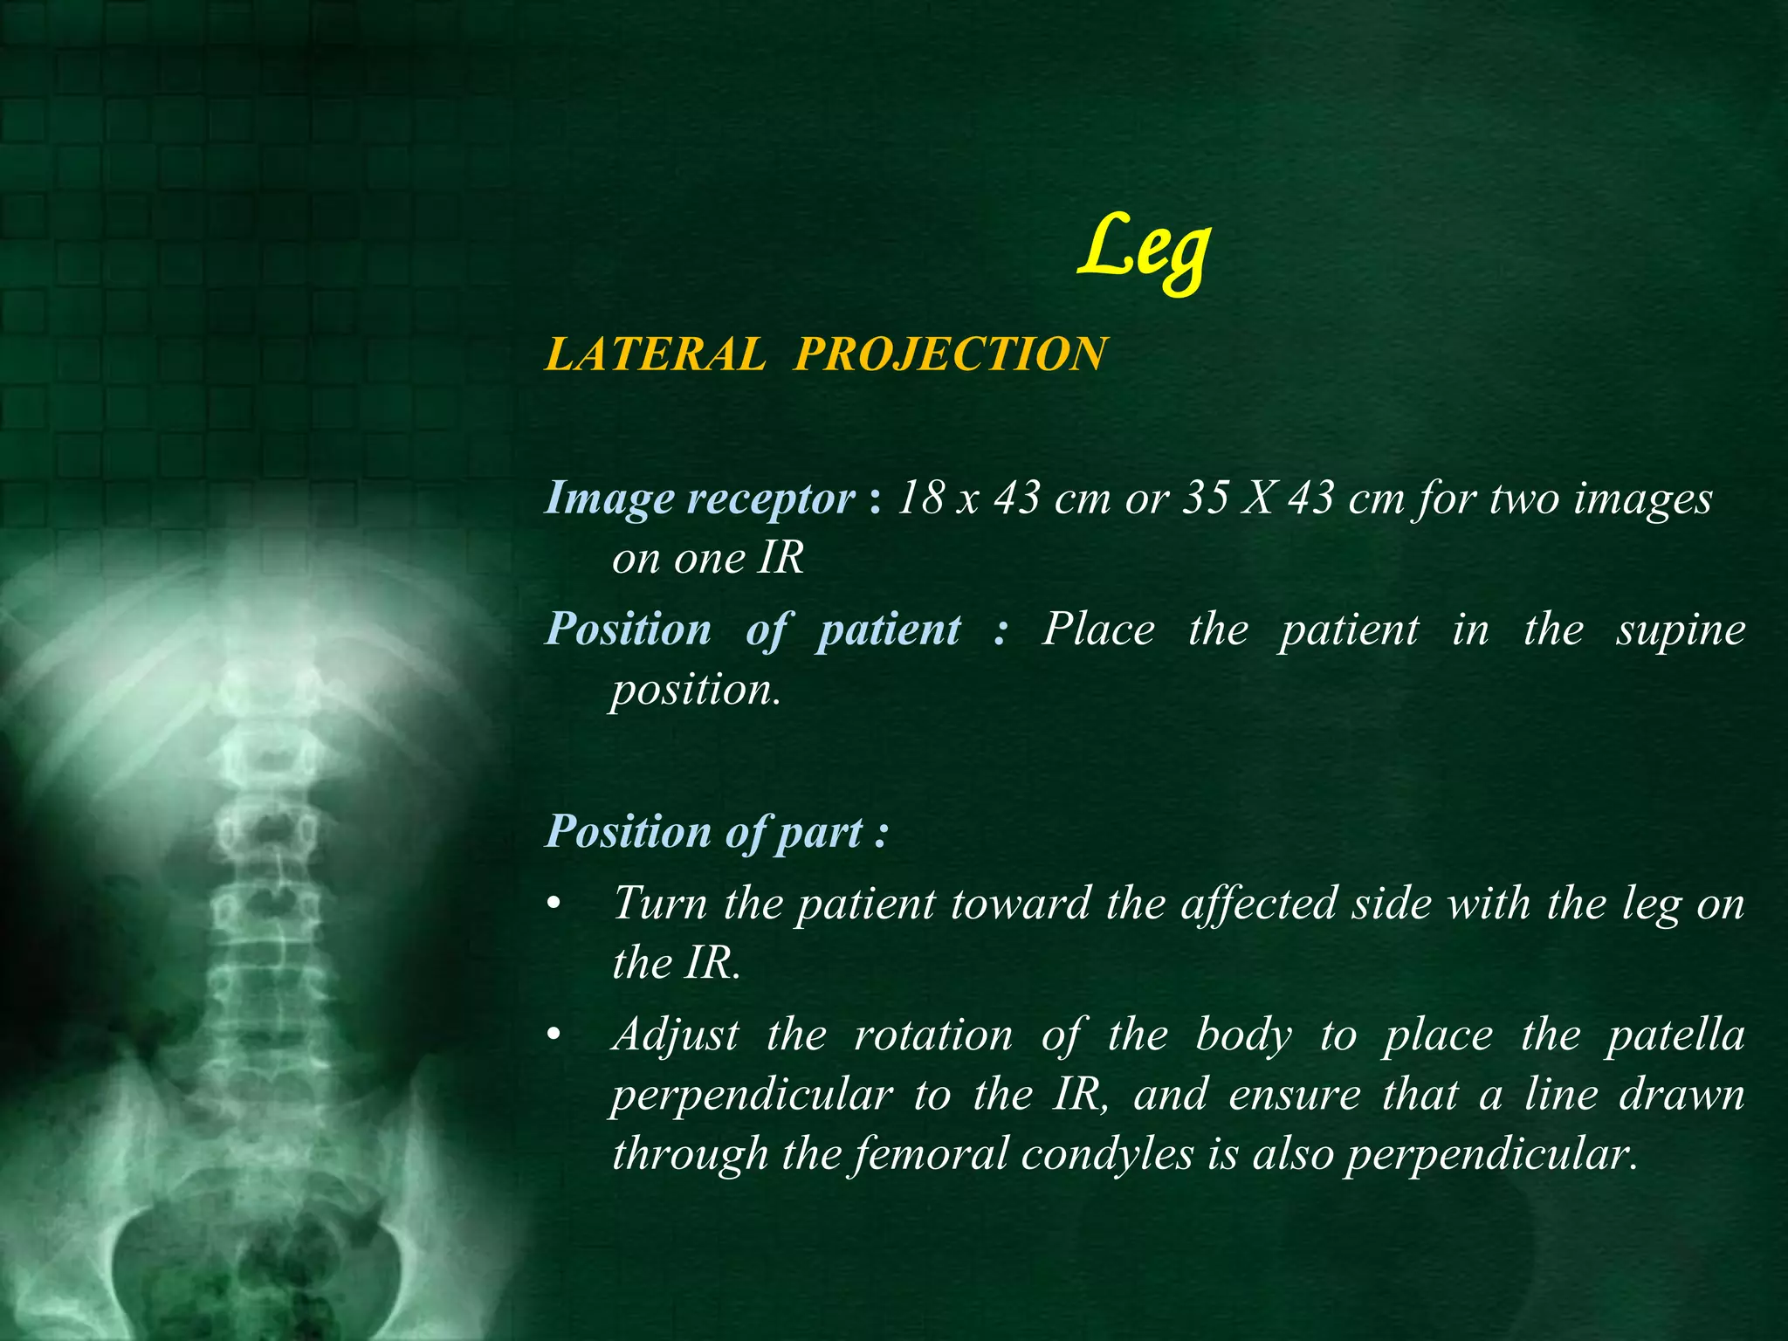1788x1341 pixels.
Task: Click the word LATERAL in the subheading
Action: [x=655, y=354]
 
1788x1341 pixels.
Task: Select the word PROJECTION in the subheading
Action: [x=950, y=354]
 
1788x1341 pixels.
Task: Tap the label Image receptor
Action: [x=699, y=499]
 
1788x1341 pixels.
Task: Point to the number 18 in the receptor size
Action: [x=917, y=499]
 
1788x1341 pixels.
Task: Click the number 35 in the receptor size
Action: [x=1206, y=499]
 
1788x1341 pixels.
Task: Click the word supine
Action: [x=1680, y=630]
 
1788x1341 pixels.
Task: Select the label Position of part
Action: [x=716, y=832]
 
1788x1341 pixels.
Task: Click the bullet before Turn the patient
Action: [x=551, y=905]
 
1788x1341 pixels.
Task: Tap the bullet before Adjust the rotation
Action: [x=551, y=1037]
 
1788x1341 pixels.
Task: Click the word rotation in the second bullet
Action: [x=932, y=1036]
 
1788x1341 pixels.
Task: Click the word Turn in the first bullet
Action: [x=659, y=904]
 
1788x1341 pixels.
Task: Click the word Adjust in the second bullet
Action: [x=676, y=1036]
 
